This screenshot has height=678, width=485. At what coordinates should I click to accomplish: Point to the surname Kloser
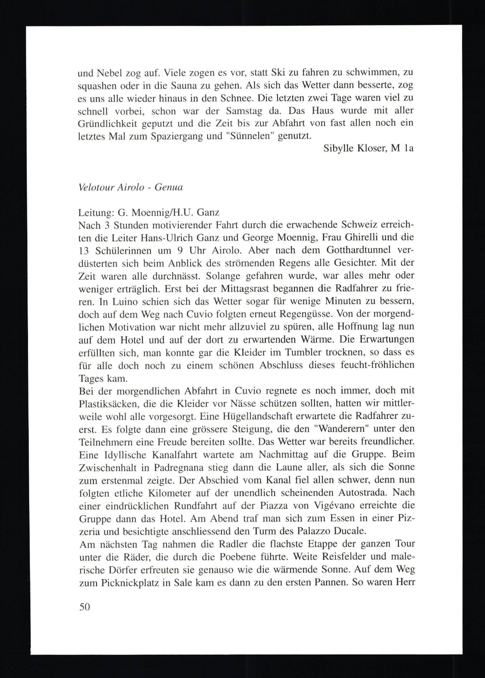372,148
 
